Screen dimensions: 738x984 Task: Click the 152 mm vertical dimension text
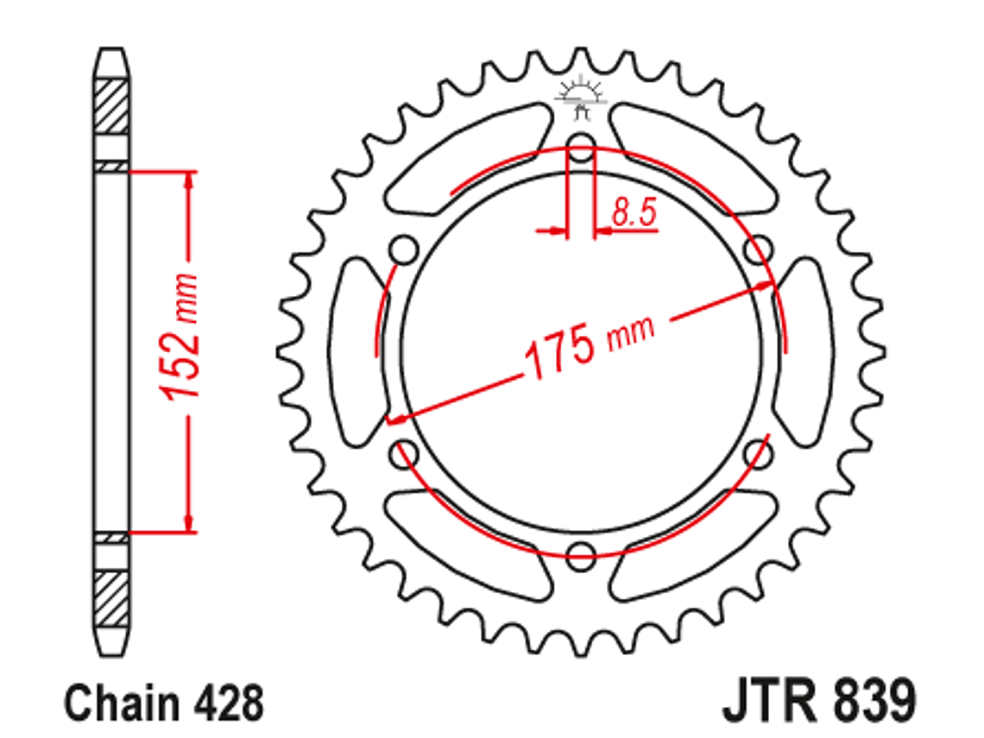coord(181,337)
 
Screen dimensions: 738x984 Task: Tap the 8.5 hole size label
coord(634,212)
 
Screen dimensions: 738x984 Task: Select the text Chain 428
coord(164,703)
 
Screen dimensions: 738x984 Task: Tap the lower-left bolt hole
coord(404,453)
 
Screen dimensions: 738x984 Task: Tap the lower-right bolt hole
coord(757,453)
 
